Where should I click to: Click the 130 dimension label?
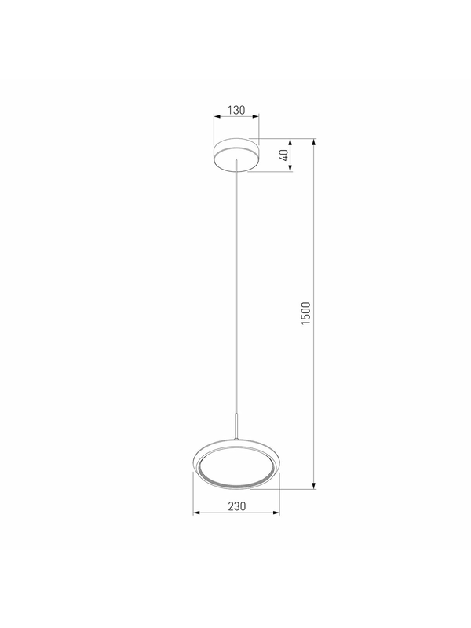click(x=236, y=110)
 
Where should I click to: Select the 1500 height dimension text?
click(x=306, y=313)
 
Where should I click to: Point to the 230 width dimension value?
click(x=237, y=506)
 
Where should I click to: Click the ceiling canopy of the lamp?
click(x=236, y=155)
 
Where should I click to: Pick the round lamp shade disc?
click(x=236, y=466)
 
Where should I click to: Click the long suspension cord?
click(x=237, y=288)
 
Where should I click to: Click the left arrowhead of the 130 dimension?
click(x=217, y=116)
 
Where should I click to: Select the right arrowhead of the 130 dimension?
click(x=256, y=116)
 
